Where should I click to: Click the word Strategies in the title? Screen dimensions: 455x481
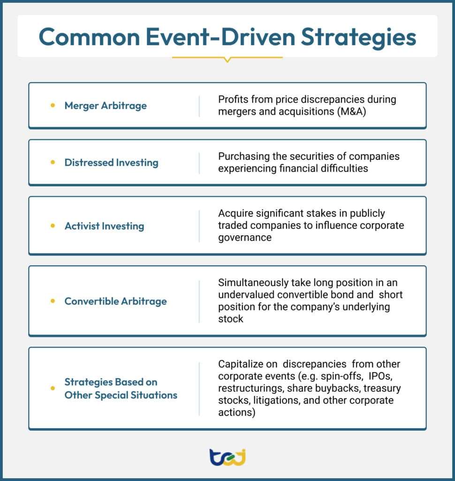point(358,38)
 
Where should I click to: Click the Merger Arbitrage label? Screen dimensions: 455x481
point(106,106)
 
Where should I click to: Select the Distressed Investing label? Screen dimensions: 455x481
point(112,163)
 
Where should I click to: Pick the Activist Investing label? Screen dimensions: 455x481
point(105,226)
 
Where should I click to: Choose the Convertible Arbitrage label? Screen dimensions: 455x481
point(116,301)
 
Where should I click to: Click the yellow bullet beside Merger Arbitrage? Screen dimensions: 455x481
point(53,105)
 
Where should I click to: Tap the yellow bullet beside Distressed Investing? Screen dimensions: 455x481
point(53,162)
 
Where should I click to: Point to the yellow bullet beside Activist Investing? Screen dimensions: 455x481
point(53,226)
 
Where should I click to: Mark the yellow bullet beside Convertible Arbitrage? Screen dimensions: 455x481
point(53,301)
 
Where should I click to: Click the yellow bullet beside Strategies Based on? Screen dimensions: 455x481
point(53,388)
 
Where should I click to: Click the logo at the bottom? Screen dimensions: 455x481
point(227,458)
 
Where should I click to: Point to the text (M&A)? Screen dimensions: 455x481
point(351,112)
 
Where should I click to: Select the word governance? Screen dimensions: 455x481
point(245,238)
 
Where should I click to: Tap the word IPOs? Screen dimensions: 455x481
point(380,376)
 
